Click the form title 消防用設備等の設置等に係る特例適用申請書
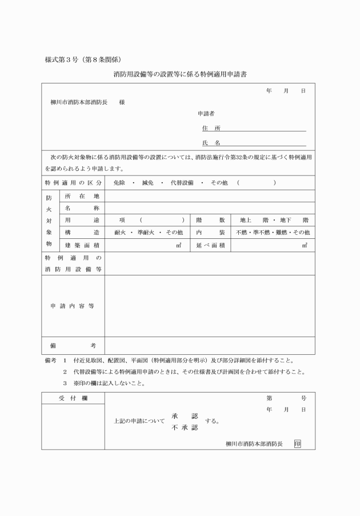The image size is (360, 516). (180, 74)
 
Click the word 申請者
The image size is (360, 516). (206, 114)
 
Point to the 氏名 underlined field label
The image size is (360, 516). (211, 142)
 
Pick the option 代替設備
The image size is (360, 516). (182, 183)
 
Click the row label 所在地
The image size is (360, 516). (82, 196)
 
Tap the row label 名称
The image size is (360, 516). (82, 208)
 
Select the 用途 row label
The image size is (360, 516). (82, 220)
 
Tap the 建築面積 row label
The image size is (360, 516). (82, 245)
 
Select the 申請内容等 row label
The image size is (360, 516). (73, 306)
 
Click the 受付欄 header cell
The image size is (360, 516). (73, 397)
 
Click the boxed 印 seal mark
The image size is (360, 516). (297, 443)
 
